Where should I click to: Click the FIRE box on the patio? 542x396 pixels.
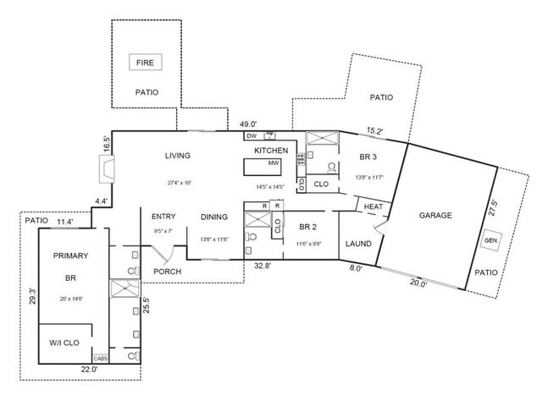146,62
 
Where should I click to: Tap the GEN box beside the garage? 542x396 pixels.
489,240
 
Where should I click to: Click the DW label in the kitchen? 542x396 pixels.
252,135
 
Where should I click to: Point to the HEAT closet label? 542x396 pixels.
373,207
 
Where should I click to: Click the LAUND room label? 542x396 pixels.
359,244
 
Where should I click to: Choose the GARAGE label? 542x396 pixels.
435,215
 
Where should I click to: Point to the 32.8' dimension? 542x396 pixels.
263,266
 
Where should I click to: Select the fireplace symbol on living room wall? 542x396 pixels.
105,173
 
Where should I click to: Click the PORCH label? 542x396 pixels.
168,272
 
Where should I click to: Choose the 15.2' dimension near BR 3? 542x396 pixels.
373,130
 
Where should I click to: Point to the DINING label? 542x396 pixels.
214,217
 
